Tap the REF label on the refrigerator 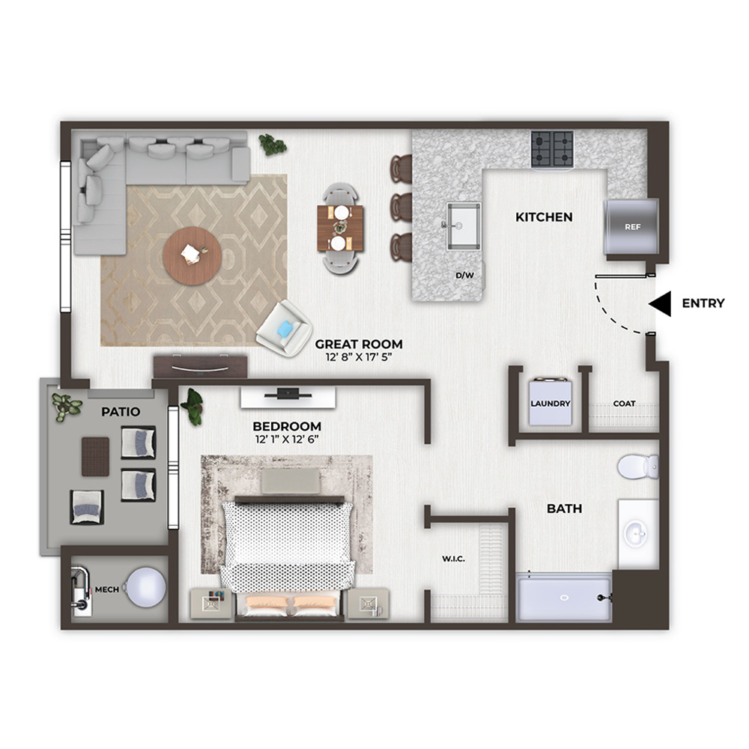point(632,227)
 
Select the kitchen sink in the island point(464,226)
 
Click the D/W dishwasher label point(464,276)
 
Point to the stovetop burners point(552,148)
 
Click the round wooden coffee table point(192,256)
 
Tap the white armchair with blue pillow point(285,328)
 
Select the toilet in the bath point(638,466)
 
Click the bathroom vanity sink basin point(636,533)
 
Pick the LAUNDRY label point(551,404)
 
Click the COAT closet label point(625,404)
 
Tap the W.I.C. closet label point(453,559)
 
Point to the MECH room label point(107,589)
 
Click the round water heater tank point(146,587)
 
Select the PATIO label point(121,412)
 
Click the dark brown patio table point(96,457)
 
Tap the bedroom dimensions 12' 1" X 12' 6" point(287,440)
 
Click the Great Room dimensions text point(359,357)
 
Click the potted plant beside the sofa point(273,145)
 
